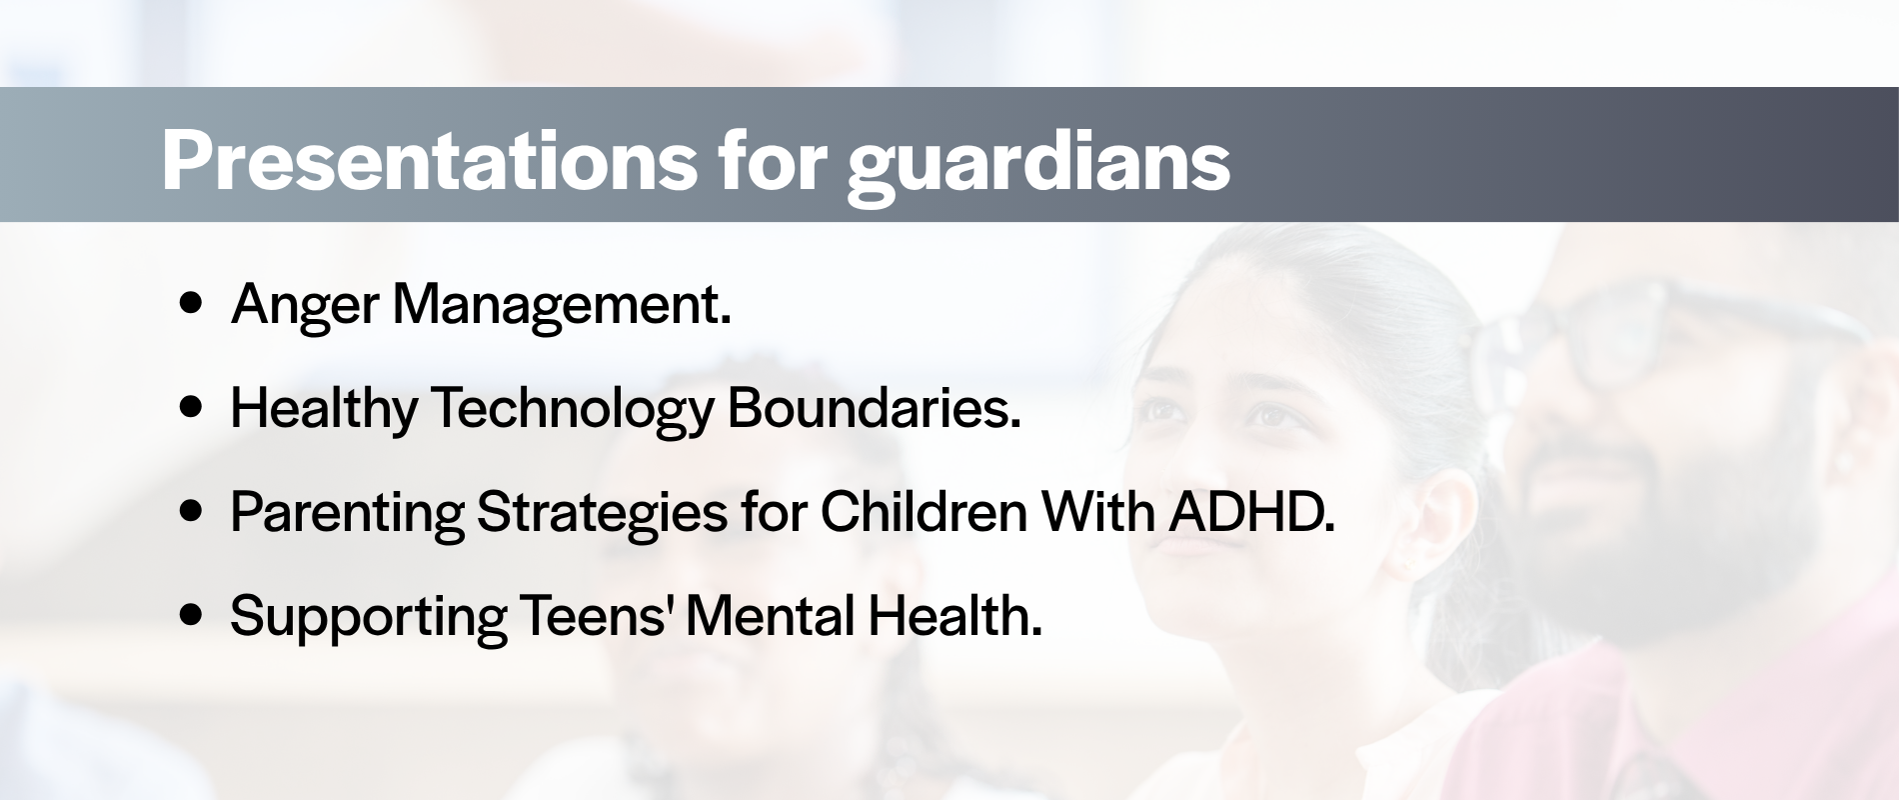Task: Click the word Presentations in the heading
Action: (x=430, y=160)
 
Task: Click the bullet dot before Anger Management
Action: (x=191, y=304)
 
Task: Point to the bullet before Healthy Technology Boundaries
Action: (x=191, y=408)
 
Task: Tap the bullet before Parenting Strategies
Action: (x=191, y=512)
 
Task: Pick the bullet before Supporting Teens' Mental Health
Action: (x=191, y=616)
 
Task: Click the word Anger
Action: (x=305, y=307)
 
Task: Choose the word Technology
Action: (x=573, y=411)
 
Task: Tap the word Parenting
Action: (x=347, y=515)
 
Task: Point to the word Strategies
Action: (x=602, y=515)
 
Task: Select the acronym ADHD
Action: (x=1252, y=512)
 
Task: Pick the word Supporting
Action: (x=369, y=619)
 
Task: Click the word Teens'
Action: (x=595, y=616)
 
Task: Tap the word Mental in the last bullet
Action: (x=770, y=616)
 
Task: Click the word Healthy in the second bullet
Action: (x=324, y=411)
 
